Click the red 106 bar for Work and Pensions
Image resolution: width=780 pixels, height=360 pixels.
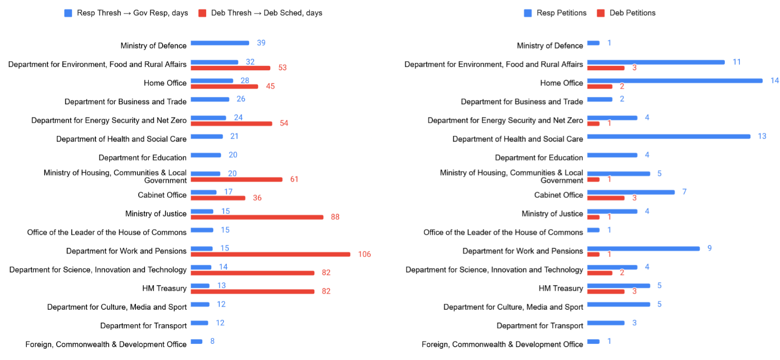tap(270, 254)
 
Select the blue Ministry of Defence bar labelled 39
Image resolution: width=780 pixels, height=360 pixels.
tap(220, 43)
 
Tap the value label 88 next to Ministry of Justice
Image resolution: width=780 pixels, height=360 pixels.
tap(335, 217)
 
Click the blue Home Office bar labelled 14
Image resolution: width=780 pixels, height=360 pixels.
tap(675, 81)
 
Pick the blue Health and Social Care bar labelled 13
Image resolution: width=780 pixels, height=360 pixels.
tap(669, 137)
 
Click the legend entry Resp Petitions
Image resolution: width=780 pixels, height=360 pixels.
tap(561, 13)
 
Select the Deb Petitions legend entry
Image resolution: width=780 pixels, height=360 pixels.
tap(632, 13)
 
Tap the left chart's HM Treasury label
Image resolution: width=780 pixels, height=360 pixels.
tap(164, 288)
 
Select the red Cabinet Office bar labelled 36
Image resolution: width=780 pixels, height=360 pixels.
tap(218, 198)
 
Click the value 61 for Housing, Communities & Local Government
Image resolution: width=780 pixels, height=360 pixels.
tap(294, 179)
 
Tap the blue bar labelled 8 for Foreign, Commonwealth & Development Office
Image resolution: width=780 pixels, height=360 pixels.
tap(197, 341)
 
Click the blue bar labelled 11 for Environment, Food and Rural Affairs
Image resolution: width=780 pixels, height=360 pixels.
tap(656, 62)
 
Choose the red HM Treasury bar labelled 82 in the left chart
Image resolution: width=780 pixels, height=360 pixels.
tap(252, 291)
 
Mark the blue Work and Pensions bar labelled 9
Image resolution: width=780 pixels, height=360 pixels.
tap(643, 249)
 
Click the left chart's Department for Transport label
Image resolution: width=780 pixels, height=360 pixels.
tap(143, 325)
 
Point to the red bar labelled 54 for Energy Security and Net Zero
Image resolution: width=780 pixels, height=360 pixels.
tap(231, 123)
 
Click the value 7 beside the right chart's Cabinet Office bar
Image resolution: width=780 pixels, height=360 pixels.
tap(684, 192)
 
